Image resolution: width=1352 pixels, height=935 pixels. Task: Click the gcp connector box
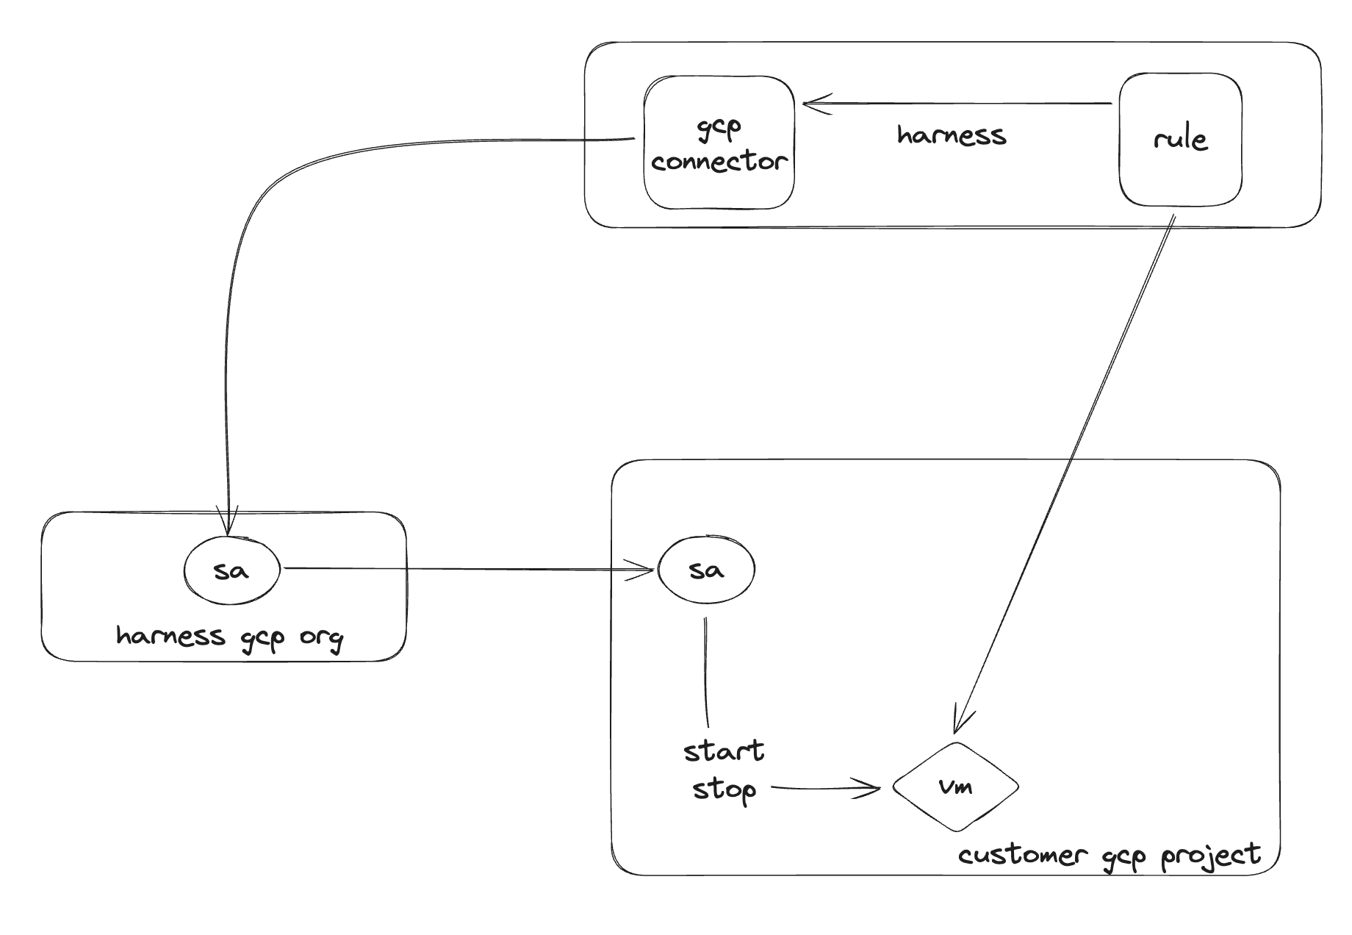[x=719, y=143]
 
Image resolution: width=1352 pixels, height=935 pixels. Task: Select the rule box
[x=1180, y=140]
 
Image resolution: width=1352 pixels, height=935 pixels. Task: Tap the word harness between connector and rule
[x=952, y=135]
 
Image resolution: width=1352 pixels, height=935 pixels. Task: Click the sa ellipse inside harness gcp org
[x=231, y=570]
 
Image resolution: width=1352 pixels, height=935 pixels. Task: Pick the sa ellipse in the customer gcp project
[x=706, y=570]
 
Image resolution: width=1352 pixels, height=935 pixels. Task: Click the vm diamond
[x=955, y=787]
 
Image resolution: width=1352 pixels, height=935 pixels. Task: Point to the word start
[x=724, y=752]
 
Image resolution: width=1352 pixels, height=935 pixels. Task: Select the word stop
[x=724, y=790]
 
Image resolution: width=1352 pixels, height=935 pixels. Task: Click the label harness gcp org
[x=229, y=637]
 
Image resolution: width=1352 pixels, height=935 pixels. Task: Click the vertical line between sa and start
[x=706, y=673]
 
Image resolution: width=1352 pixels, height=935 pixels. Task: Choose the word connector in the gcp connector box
[x=719, y=162]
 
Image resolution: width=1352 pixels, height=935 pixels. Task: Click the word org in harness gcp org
[x=321, y=637]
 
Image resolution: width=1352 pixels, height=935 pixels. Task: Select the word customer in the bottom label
[x=1021, y=856]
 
